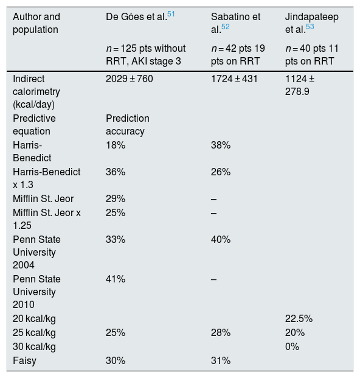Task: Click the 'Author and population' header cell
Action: pyautogui.click(x=36, y=23)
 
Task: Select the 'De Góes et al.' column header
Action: pyautogui.click(x=136, y=17)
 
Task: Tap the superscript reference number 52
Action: pyautogui.click(x=226, y=27)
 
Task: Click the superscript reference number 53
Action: pyautogui.click(x=310, y=27)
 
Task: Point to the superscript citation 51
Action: pyautogui.click(x=171, y=14)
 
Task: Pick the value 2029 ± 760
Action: pyautogui.click(x=130, y=79)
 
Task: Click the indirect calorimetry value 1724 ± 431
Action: pyautogui.click(x=234, y=79)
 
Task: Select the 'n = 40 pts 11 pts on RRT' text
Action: pyautogui.click(x=312, y=55)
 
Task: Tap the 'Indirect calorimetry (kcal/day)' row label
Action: pyautogui.click(x=36, y=91)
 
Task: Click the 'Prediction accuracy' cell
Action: pyautogui.click(x=128, y=125)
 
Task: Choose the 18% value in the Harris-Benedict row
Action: pyautogui.click(x=116, y=145)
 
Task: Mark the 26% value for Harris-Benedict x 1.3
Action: pyautogui.click(x=221, y=172)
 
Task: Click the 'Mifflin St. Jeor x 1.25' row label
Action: pyautogui.click(x=47, y=219)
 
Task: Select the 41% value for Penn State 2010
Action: pyautogui.click(x=116, y=279)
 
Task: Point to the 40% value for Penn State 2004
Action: pyautogui.click(x=221, y=239)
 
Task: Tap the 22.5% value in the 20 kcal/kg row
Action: pyautogui.click(x=299, y=318)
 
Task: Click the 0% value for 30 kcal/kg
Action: pyautogui.click(x=292, y=346)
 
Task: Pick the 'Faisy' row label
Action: pyautogui.click(x=24, y=360)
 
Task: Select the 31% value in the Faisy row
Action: pyautogui.click(x=221, y=360)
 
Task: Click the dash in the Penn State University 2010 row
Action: pyautogui.click(x=214, y=279)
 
